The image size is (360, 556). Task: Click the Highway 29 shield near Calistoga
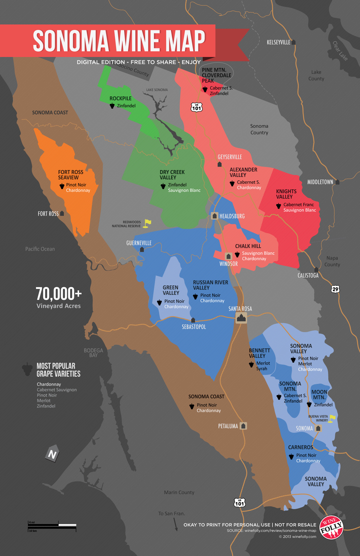(x=335, y=289)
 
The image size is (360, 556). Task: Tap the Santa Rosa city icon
(x=241, y=318)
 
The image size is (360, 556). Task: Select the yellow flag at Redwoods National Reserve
(x=147, y=223)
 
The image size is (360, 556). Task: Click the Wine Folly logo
(x=331, y=527)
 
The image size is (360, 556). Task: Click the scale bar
(x=52, y=525)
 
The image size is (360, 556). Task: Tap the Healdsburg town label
(x=232, y=216)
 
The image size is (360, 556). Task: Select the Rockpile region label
(x=120, y=98)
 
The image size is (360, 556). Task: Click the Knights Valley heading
(x=286, y=194)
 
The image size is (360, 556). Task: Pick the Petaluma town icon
(x=243, y=426)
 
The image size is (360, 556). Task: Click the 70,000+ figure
(x=59, y=294)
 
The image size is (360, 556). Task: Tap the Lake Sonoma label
(x=157, y=90)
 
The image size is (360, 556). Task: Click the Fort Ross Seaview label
(x=71, y=175)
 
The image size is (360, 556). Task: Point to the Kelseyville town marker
(x=293, y=42)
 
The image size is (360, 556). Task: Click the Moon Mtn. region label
(x=319, y=395)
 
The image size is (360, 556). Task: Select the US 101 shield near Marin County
(x=239, y=502)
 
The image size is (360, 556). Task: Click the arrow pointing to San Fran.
(x=175, y=524)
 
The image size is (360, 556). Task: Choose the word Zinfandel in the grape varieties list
(x=46, y=406)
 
